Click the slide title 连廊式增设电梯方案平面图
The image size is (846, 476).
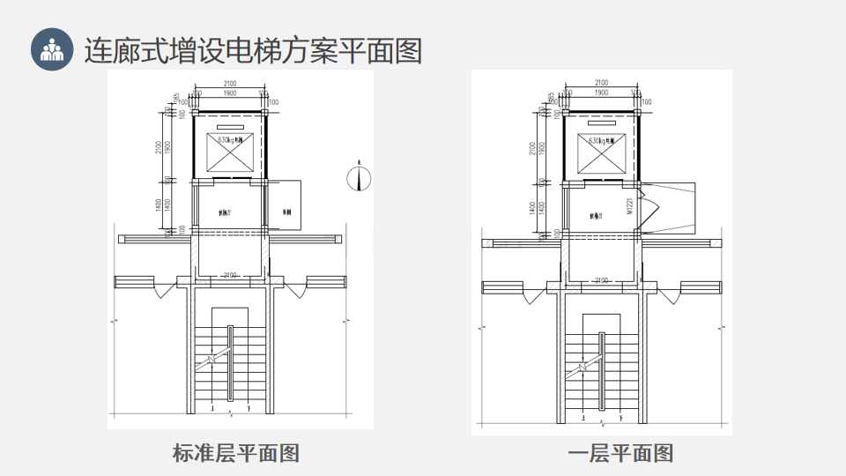pos(253,49)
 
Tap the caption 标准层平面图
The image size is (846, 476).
pos(236,453)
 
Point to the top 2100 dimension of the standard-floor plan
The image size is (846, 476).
pos(229,84)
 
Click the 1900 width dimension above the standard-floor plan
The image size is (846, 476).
pos(229,93)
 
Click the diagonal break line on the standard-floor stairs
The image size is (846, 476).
pos(211,360)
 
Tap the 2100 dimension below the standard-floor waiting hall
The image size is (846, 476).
pos(230,277)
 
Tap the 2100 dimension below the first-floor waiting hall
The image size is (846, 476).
pos(602,280)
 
